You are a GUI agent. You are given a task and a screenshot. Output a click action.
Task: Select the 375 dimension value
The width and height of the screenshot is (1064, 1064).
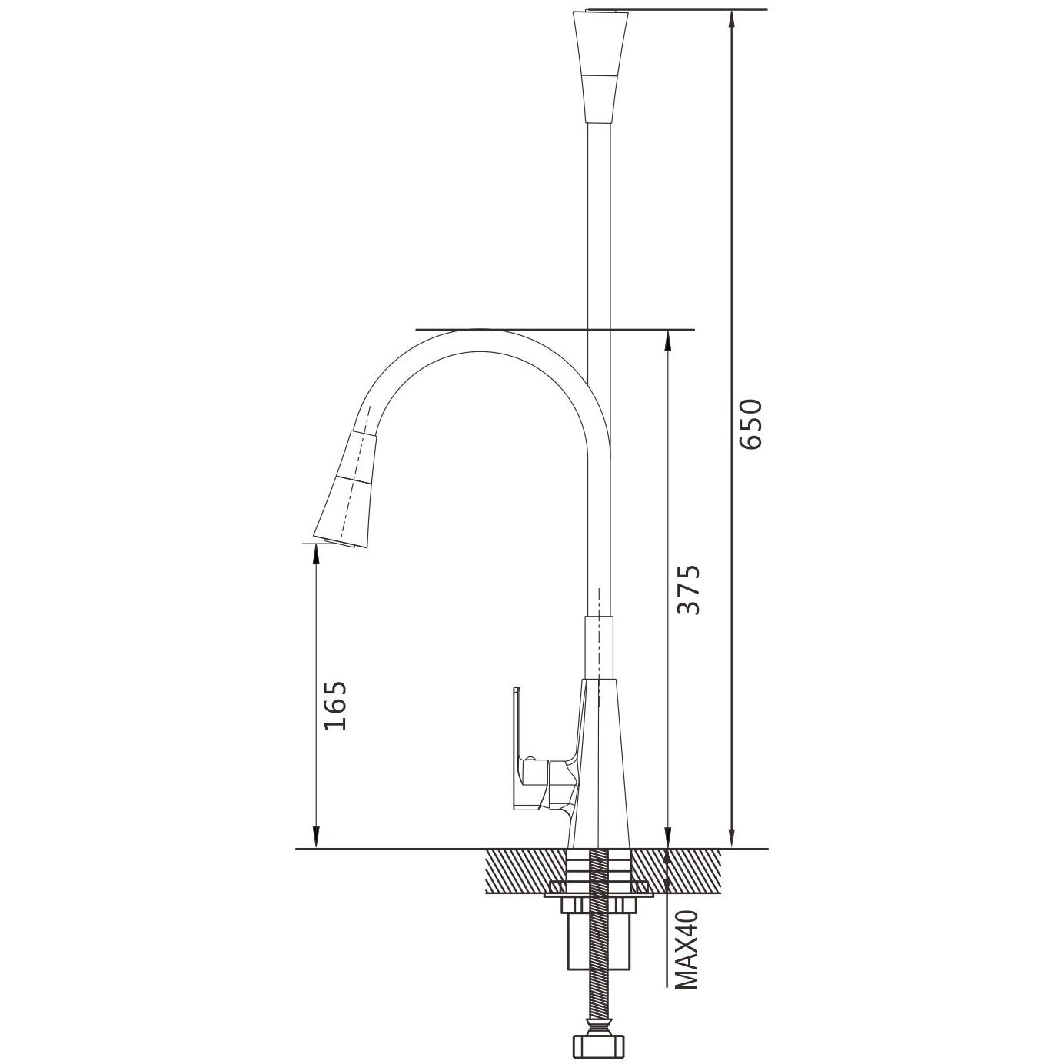[689, 590]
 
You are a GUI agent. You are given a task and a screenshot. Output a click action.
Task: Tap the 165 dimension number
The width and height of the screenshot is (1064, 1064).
[335, 705]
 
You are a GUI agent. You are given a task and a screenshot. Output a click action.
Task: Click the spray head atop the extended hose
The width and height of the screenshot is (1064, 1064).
[600, 65]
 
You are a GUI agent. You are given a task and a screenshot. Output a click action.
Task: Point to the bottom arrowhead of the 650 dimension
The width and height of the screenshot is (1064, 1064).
[733, 840]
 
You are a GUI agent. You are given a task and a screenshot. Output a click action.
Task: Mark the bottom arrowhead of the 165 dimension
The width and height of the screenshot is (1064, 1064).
[316, 840]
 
